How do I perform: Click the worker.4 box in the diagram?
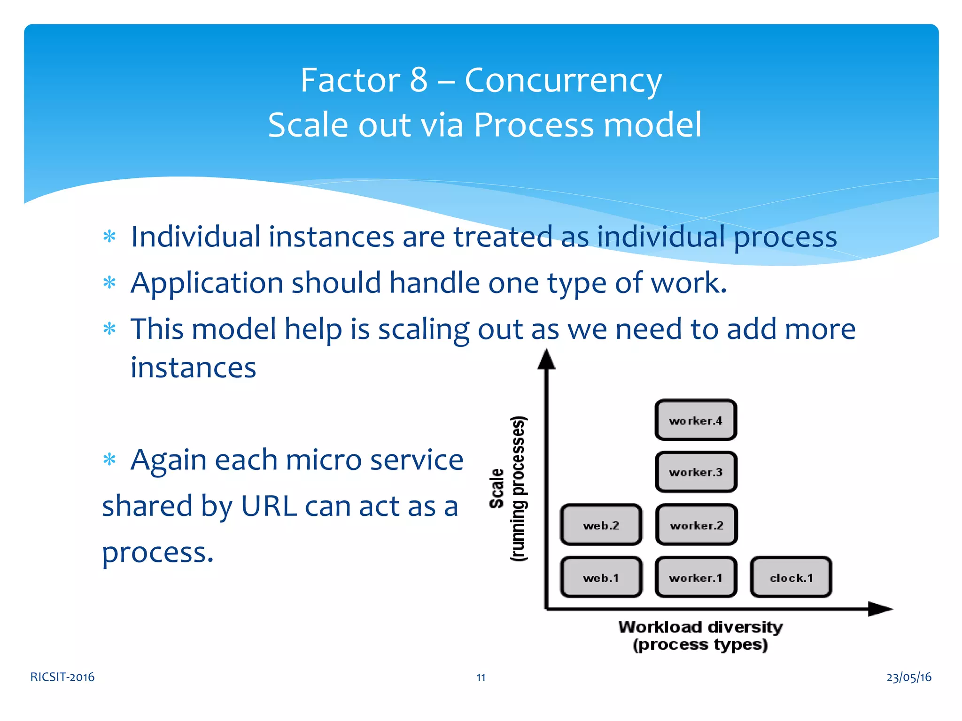point(696,420)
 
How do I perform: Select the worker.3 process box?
point(696,472)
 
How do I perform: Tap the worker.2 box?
point(696,525)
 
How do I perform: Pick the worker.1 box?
point(696,577)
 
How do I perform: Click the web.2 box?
point(601,525)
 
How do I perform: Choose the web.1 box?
point(601,577)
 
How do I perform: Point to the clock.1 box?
point(791,577)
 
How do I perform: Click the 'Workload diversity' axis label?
point(700,627)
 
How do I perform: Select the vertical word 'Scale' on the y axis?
point(497,488)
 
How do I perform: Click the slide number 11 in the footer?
point(481,677)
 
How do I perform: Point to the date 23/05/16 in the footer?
point(908,677)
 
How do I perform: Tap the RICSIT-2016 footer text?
point(62,677)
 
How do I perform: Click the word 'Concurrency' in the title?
point(563,80)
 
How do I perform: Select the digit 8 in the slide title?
point(419,80)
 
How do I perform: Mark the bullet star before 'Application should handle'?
point(109,283)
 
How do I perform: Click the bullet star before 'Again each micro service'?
point(109,459)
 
